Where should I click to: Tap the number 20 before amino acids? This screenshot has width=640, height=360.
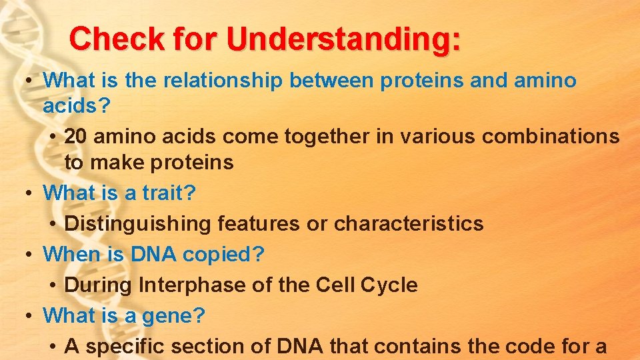(x=76, y=136)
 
